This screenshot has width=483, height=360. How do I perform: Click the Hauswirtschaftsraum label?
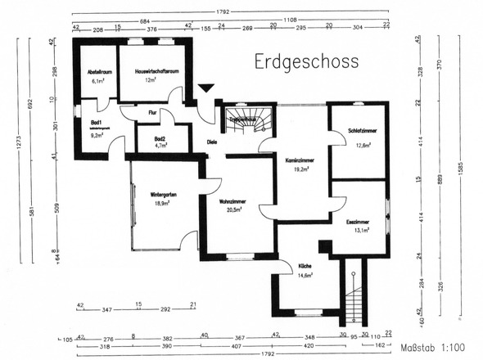(x=151, y=72)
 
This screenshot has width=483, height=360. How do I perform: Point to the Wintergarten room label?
(x=164, y=194)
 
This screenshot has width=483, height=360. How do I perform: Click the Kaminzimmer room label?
(x=300, y=160)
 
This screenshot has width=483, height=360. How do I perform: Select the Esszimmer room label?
(x=358, y=222)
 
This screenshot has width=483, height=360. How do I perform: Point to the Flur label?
(x=152, y=112)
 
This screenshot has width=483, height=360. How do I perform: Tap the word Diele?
(x=211, y=141)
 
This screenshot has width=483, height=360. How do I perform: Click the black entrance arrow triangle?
(x=206, y=88)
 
